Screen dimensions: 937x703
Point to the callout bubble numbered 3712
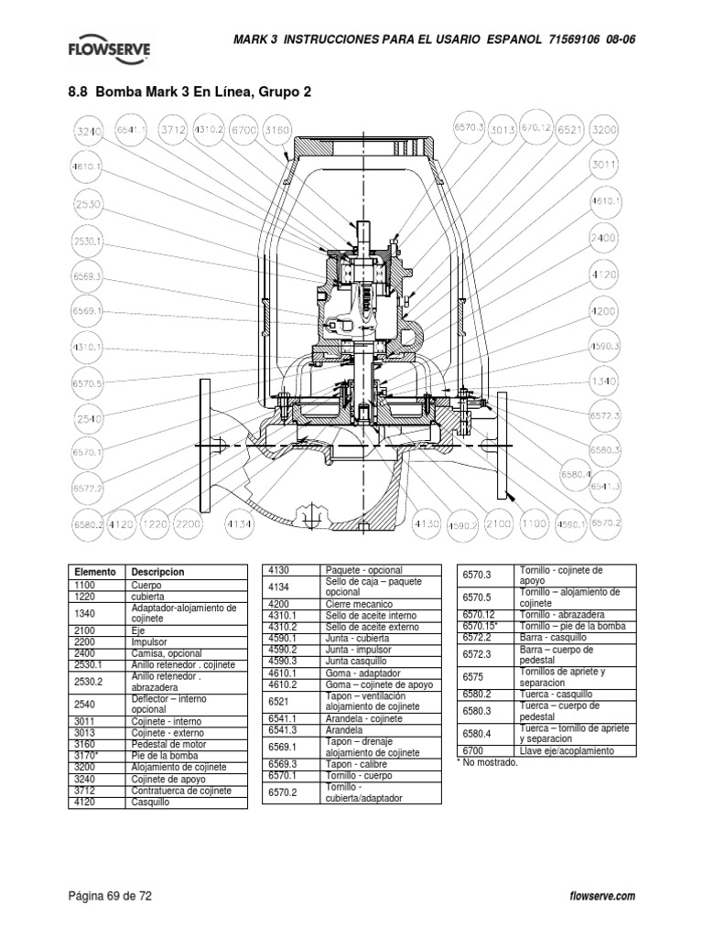(x=173, y=131)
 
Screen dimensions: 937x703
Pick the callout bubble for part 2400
(x=602, y=238)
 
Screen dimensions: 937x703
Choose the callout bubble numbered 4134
(x=239, y=523)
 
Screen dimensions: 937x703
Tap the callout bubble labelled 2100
(x=498, y=523)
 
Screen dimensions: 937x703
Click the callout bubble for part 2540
(x=89, y=418)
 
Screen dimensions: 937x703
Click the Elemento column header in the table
(x=96, y=572)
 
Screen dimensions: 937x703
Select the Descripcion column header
(x=158, y=572)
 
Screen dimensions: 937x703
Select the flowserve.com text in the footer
(x=601, y=897)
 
